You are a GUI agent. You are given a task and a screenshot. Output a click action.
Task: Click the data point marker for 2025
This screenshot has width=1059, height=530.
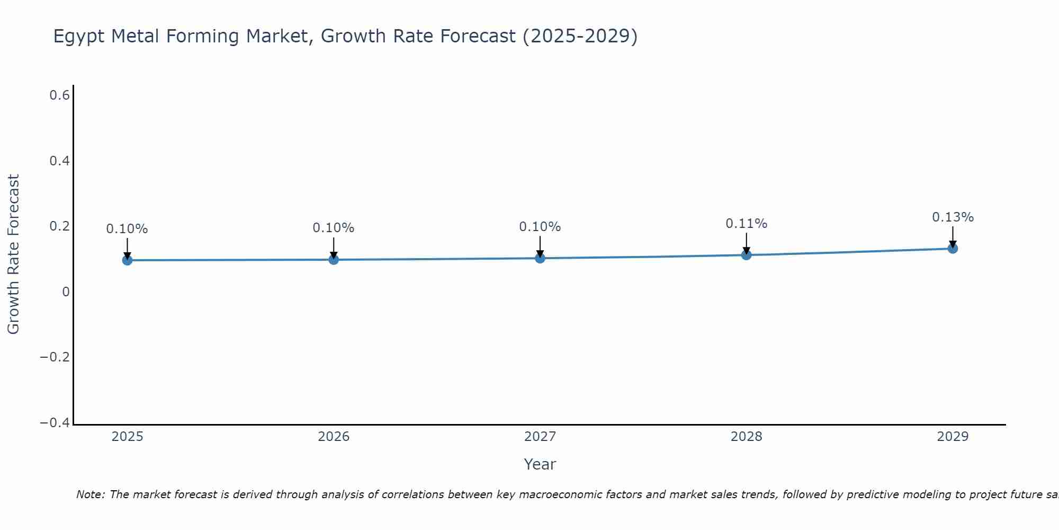pos(127,260)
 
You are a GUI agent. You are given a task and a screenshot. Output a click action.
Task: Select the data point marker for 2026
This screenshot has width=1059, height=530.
pos(334,259)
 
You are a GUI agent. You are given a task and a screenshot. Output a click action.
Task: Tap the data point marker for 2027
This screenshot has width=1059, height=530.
pos(540,258)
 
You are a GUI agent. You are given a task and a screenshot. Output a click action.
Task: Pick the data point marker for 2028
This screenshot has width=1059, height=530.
pos(746,255)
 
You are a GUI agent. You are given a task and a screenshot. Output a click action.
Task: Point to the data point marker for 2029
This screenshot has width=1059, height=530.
pos(953,248)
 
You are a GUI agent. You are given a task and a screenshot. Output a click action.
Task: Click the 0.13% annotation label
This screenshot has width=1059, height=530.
pos(953,217)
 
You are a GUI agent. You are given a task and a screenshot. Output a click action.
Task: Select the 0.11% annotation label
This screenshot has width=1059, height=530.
pos(746,224)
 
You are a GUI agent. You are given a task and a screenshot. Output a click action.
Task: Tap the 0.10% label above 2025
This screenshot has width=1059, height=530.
pos(127,229)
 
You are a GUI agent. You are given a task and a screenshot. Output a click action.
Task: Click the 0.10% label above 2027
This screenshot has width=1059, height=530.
pos(540,227)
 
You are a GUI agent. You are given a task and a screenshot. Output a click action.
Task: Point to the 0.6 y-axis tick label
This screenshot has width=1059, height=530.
pos(59,95)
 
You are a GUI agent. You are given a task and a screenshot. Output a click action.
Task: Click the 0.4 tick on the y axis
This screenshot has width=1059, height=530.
pos(59,161)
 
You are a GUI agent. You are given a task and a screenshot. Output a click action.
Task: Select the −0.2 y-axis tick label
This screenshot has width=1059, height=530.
pos(55,357)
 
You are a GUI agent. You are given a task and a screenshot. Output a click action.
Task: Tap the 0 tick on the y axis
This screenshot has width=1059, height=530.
pos(66,291)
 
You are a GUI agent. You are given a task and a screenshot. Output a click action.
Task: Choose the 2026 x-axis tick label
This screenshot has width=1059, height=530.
pos(334,437)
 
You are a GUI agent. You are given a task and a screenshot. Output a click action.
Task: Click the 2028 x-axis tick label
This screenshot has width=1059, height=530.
pos(746,437)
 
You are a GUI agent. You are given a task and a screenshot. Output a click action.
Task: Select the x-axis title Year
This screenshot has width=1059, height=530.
pos(540,464)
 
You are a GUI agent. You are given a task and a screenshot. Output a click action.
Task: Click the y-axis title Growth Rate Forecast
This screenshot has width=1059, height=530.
pos(13,254)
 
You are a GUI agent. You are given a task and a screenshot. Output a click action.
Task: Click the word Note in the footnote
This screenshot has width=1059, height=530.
pos(91,494)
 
